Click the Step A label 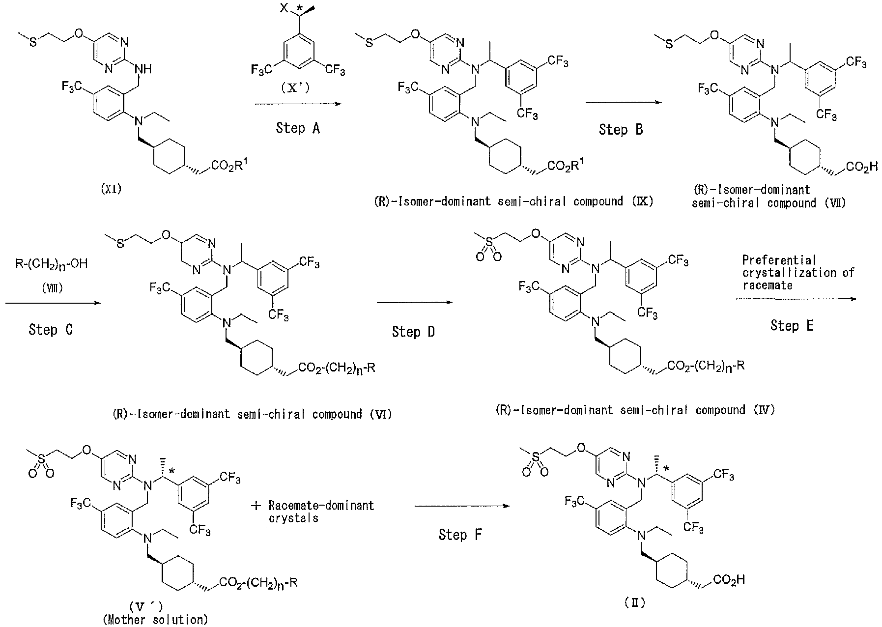point(298,129)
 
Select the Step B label point(621,130)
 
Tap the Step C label point(51,329)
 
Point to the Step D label point(413,332)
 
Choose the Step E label point(792,325)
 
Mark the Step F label point(460,535)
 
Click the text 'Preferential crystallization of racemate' point(798,272)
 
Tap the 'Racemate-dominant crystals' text point(321,512)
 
